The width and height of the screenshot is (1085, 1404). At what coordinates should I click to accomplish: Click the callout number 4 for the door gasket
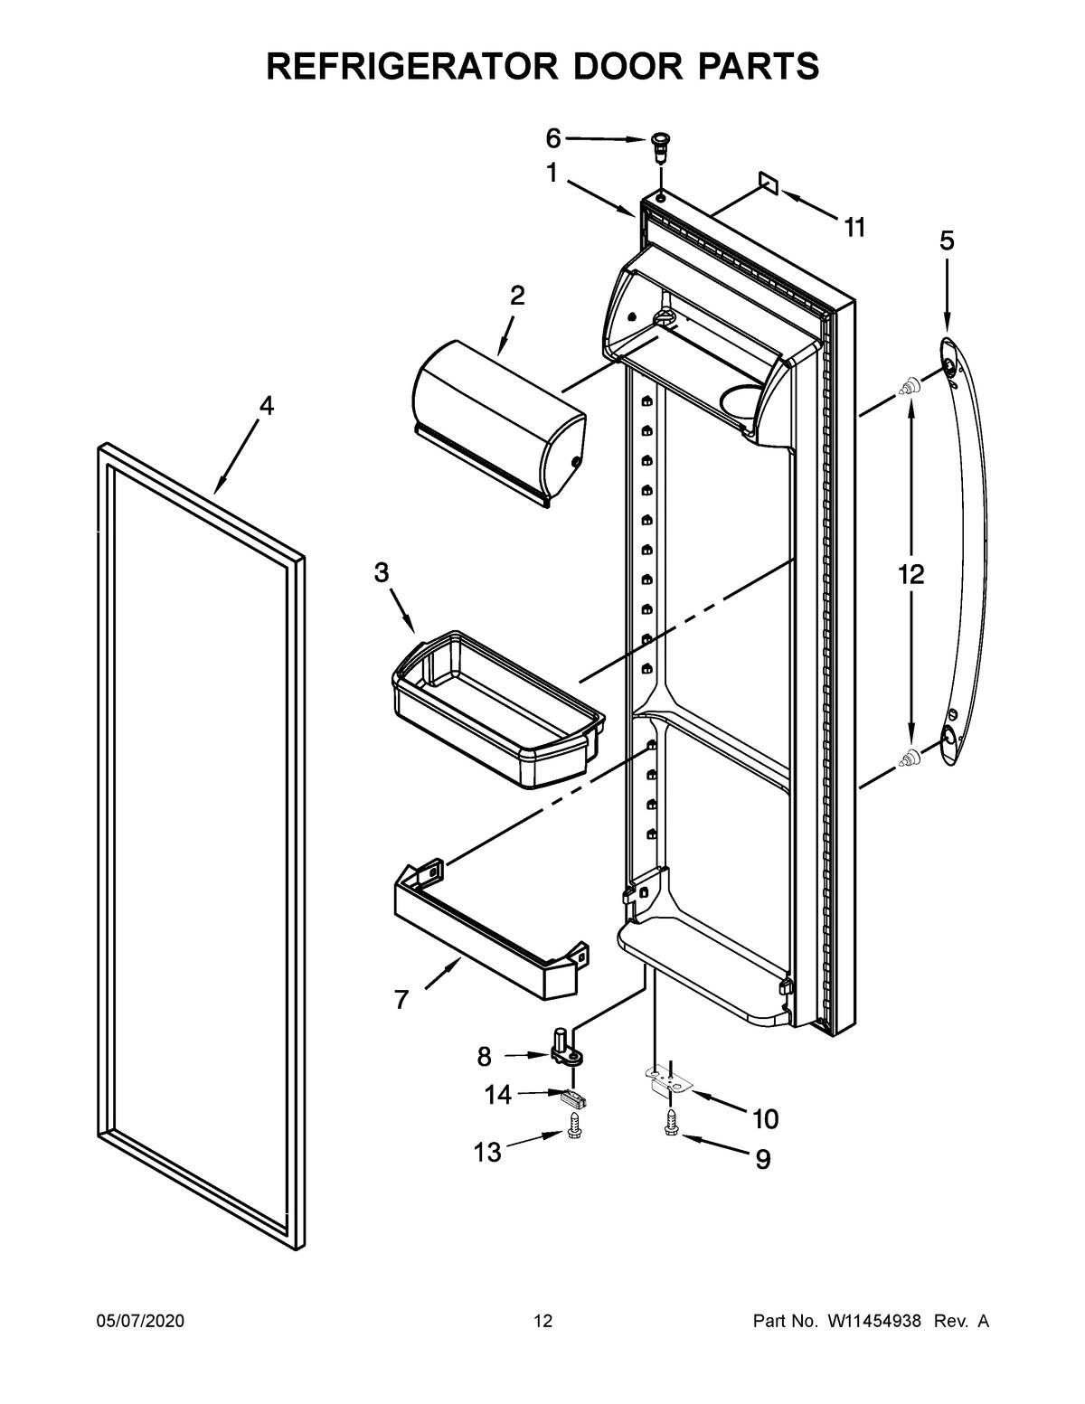tap(265, 406)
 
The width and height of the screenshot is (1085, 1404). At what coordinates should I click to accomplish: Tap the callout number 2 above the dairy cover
tap(516, 296)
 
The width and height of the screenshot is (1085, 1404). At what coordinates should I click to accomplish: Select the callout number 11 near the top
tap(854, 228)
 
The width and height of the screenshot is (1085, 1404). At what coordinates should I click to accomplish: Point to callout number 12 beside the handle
tap(911, 574)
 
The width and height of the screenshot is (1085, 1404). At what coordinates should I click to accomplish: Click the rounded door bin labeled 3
tap(497, 714)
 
